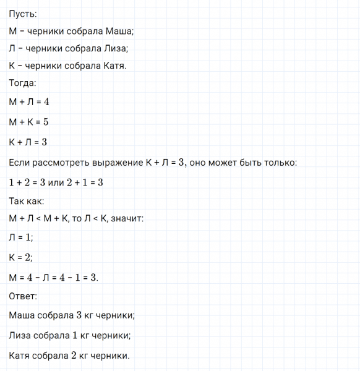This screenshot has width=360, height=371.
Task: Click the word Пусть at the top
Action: pos(22,14)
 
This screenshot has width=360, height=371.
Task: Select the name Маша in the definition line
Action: pos(119,31)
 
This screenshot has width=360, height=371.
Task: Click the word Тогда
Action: pos(23,83)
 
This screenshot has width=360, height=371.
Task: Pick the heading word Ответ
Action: pos(24,296)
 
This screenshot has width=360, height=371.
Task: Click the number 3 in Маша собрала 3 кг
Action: pos(79,315)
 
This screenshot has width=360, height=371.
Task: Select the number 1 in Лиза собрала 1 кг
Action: pos(77,335)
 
